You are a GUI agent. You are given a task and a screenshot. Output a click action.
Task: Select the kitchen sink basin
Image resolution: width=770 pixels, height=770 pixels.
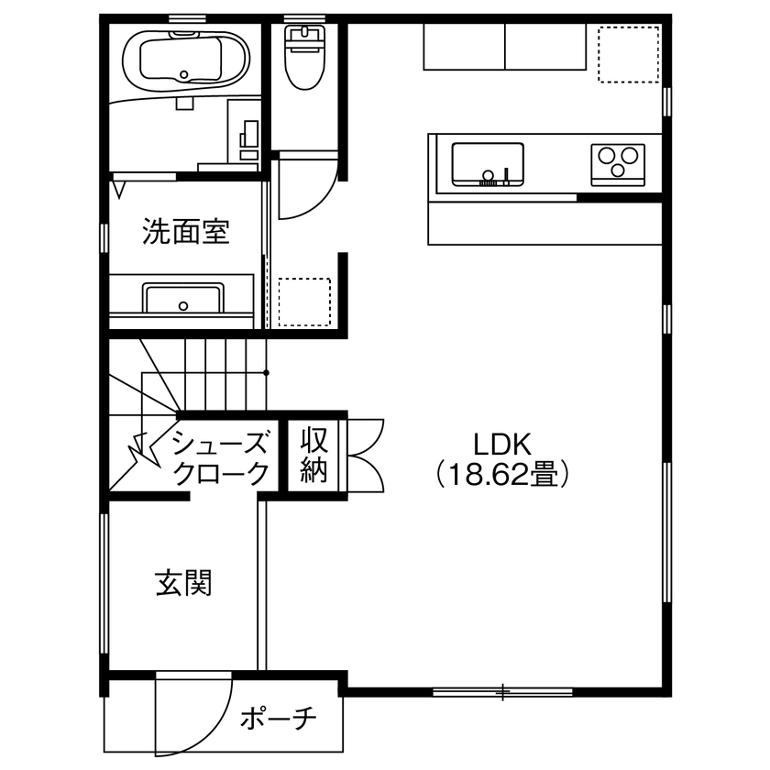[488, 163]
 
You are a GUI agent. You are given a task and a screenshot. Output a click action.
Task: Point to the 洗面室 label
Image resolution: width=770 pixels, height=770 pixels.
[185, 233]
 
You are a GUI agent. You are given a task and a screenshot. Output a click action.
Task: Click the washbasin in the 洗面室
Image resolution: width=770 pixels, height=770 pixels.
[182, 300]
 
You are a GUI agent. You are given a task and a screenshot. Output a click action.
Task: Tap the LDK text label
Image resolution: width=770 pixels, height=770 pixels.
[502, 444]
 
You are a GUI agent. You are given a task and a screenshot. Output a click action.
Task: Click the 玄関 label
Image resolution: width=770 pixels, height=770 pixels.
[184, 583]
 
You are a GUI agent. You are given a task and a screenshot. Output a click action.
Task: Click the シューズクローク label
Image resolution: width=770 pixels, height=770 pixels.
[222, 458]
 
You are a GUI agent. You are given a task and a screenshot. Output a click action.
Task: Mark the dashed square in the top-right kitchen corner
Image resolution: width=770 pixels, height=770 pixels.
[628, 55]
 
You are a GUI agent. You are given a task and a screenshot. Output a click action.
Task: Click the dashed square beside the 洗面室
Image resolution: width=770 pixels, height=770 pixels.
[303, 302]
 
